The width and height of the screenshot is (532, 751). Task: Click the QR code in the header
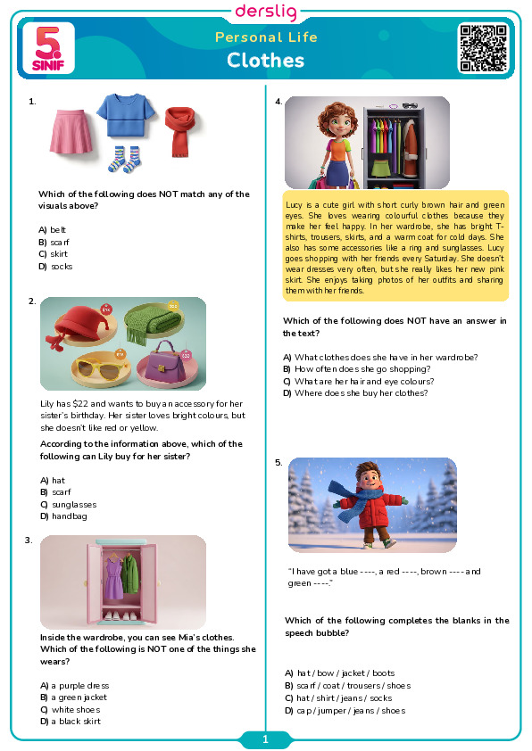point(483,48)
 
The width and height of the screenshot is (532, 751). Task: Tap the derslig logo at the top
point(266,12)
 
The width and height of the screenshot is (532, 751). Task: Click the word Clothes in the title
point(265,61)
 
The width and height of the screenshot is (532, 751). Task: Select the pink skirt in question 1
point(71,132)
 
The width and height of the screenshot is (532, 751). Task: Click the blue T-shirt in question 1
point(126,115)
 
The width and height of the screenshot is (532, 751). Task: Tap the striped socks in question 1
point(124,159)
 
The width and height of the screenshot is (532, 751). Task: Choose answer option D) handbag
point(63,516)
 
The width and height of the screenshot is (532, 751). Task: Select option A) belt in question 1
point(53,230)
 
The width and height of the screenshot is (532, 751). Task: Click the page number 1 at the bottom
point(265,739)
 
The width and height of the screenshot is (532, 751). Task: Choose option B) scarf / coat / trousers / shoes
point(347,686)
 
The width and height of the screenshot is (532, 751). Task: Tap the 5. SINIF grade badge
point(48,48)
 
